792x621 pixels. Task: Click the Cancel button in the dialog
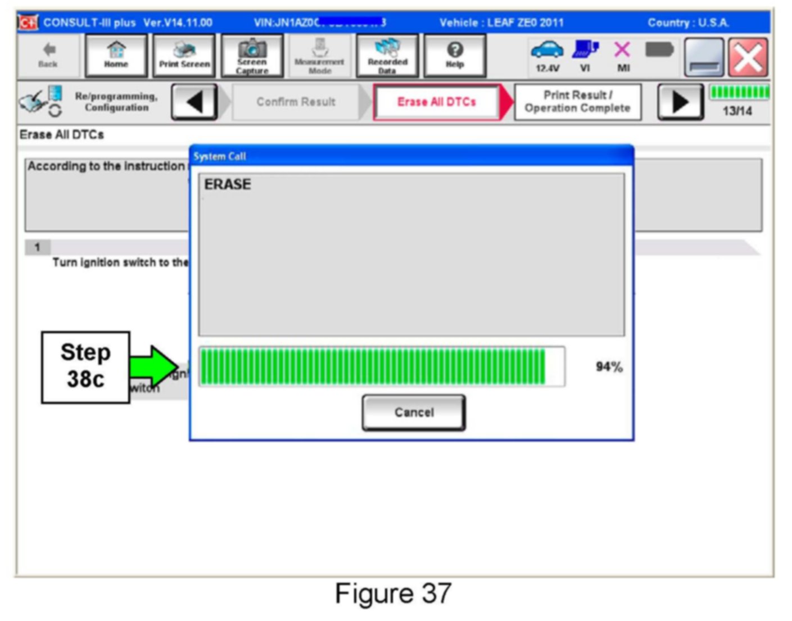coord(414,413)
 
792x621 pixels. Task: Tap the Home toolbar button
coord(116,55)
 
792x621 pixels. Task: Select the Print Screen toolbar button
coord(184,55)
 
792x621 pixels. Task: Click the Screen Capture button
coord(252,55)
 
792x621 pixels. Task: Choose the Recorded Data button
coord(387,55)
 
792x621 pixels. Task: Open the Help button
coord(455,55)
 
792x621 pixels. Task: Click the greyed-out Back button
coord(48,55)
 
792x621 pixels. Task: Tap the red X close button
coord(748,57)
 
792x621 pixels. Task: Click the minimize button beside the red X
coord(703,57)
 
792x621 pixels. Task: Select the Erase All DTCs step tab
coord(437,102)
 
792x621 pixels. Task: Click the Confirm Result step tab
coord(296,102)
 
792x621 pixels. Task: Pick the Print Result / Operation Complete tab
coord(577,102)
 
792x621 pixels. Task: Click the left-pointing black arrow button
coord(194,102)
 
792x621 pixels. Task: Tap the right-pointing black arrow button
coord(680,102)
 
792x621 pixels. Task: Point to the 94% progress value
coord(609,367)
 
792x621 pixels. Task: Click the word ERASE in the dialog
coord(228,184)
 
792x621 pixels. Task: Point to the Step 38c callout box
coord(85,366)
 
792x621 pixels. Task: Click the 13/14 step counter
coord(737,111)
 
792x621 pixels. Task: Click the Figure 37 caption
coord(393,593)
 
